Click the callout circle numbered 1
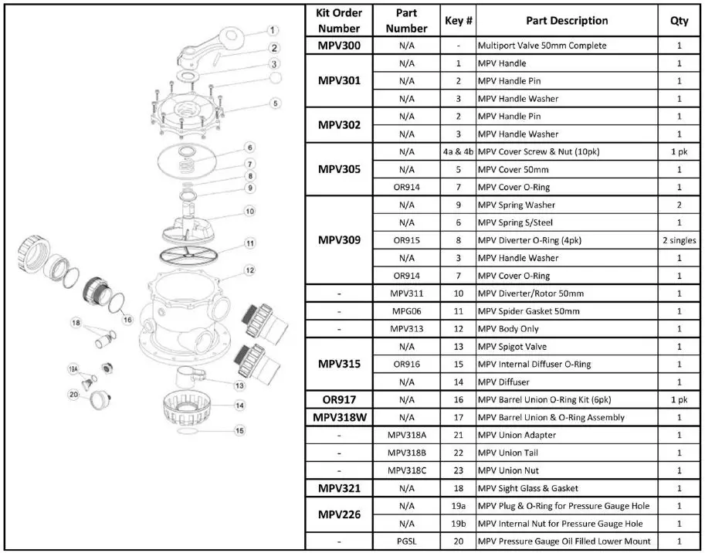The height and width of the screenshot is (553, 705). (x=273, y=30)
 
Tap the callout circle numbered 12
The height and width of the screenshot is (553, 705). (x=249, y=270)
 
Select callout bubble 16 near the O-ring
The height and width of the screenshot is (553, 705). (x=128, y=320)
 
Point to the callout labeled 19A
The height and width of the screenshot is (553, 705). (x=73, y=370)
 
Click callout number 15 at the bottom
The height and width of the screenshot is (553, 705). (x=240, y=430)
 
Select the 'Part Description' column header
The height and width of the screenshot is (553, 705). (x=567, y=21)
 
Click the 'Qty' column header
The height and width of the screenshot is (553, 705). (x=679, y=21)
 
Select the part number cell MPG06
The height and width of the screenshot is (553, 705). (x=406, y=311)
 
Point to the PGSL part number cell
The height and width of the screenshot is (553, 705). (x=406, y=541)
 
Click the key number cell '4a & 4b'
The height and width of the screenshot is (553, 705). (x=458, y=151)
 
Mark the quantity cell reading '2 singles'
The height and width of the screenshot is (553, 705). (x=679, y=240)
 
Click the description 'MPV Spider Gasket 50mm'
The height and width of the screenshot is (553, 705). (x=529, y=311)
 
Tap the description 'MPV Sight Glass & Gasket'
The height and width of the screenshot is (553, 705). (x=528, y=488)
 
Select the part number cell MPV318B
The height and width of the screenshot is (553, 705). (x=406, y=453)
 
